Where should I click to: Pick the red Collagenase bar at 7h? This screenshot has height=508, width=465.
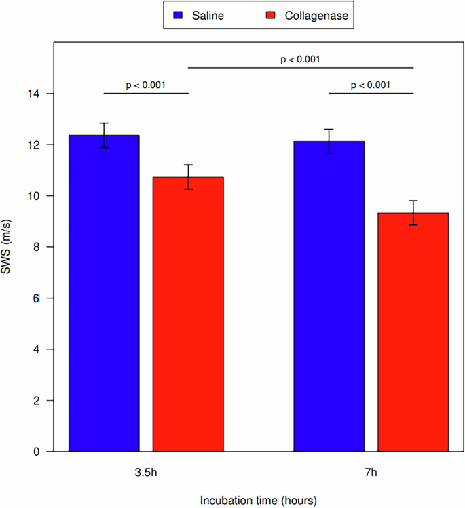point(413,332)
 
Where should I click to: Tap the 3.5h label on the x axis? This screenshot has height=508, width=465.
point(146,469)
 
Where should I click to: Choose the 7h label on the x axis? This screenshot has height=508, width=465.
point(371,469)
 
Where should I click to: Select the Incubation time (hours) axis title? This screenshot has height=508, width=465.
point(258,499)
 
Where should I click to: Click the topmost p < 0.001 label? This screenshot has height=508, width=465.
point(300,60)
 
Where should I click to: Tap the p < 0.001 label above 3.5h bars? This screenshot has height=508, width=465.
point(146,85)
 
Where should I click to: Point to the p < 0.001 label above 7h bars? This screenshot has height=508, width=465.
point(371,85)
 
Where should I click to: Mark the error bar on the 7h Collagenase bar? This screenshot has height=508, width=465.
point(413,212)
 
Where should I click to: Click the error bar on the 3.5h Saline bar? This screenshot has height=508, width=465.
point(104,135)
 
